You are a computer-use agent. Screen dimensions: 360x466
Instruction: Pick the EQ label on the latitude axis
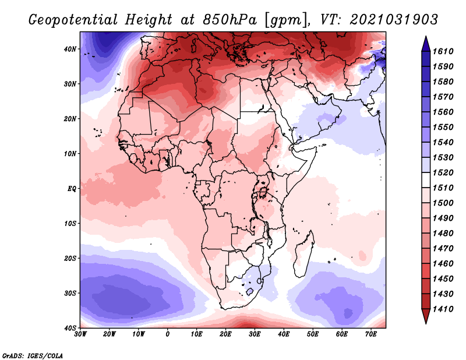pyautogui.click(x=72, y=188)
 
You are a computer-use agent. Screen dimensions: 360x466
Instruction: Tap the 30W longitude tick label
pyautogui.click(x=80, y=334)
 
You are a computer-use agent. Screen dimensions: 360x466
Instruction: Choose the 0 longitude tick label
pyautogui.click(x=168, y=334)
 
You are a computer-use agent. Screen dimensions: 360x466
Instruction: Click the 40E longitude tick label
pyautogui.click(x=284, y=334)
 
